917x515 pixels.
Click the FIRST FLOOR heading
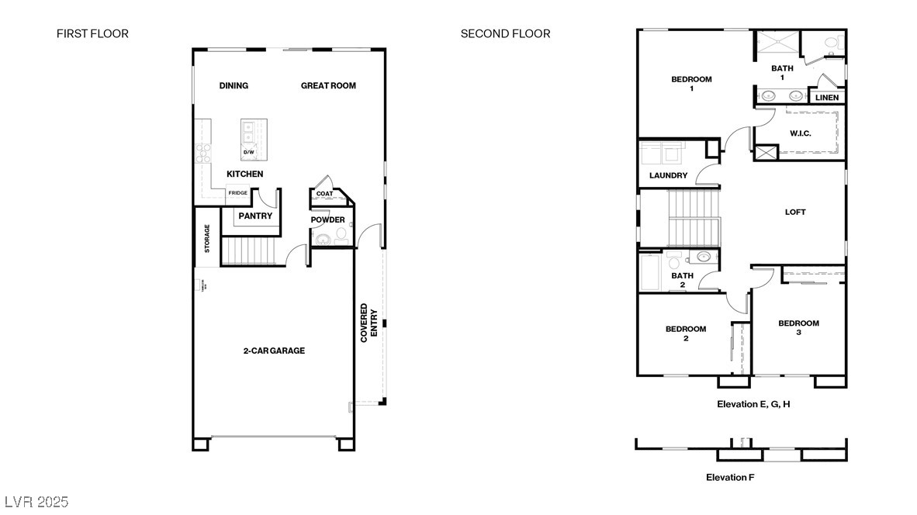pos(92,33)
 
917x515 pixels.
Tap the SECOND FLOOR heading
pos(505,33)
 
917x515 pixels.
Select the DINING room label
pos(234,85)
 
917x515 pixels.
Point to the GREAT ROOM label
pos(328,85)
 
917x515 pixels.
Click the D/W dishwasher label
pos(249,152)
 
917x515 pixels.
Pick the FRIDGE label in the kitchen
pos(237,193)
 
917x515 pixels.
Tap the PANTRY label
pos(255,216)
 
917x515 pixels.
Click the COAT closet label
pos(324,194)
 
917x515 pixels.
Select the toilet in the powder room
pos(341,233)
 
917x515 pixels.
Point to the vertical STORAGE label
pos(207,238)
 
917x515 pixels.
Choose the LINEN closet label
pos(826,98)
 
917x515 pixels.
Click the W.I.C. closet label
pos(800,133)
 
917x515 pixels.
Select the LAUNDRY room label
pos(668,176)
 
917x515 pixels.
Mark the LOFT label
pos(795,212)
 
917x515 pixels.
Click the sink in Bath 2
pos(704,257)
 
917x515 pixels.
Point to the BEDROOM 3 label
pos(798,327)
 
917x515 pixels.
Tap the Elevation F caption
pos(729,477)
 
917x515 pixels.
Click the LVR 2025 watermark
pos(36,502)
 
